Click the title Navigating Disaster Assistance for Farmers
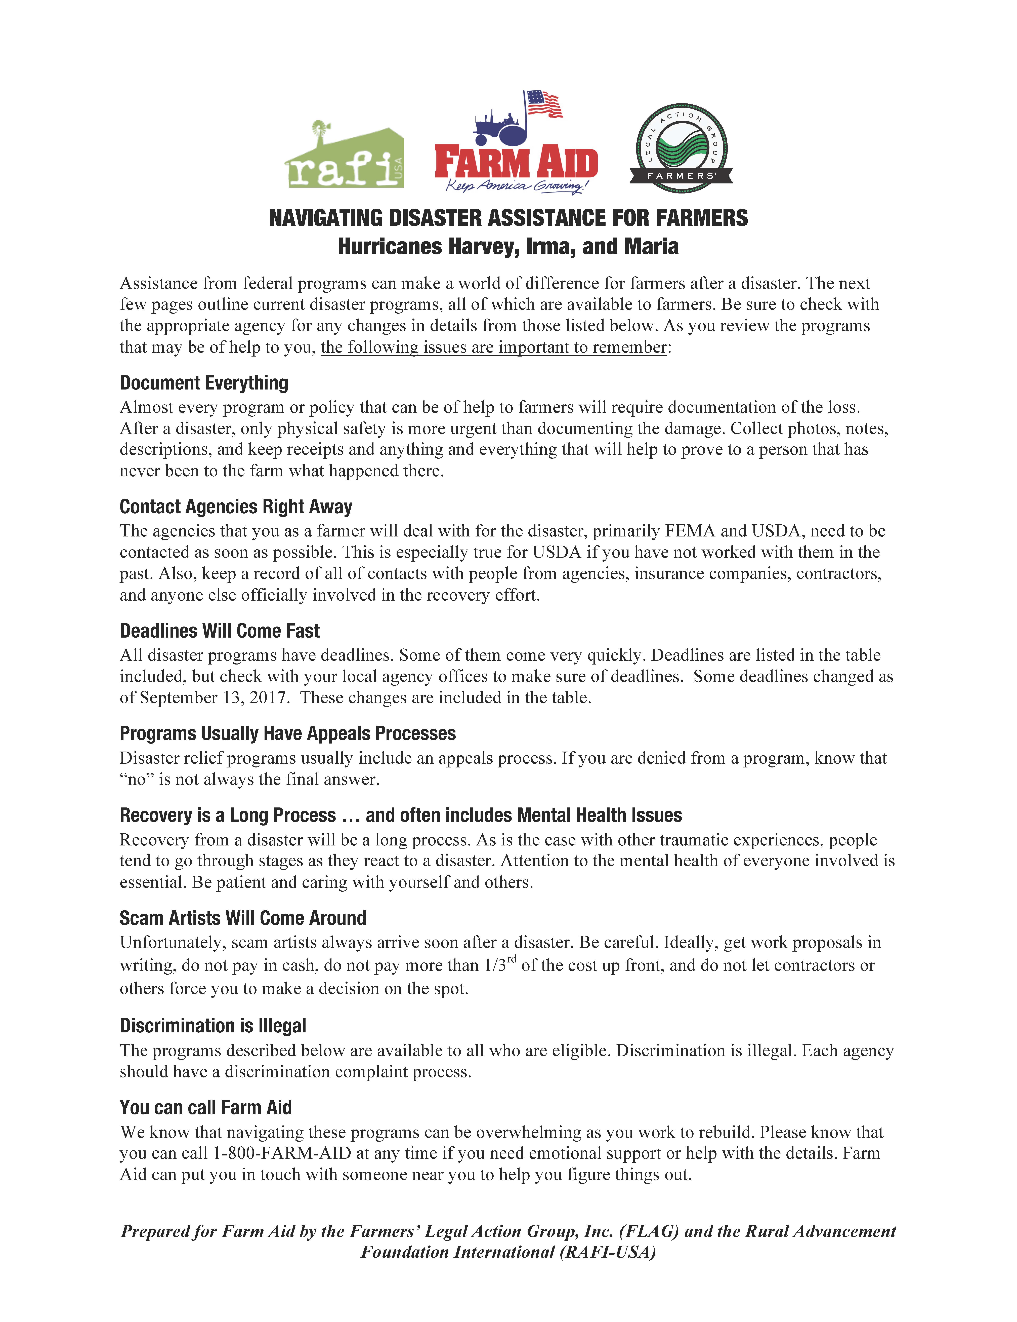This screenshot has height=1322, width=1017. pos(508,218)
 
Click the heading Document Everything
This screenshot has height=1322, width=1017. pos(204,383)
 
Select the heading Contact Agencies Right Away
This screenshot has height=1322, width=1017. pos(236,507)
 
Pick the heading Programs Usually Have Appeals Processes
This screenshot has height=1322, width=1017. pos(287,734)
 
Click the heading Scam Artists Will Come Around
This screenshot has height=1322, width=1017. pos(243,918)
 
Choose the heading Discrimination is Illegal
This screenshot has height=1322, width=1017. pos(213,1026)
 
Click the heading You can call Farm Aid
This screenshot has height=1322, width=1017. pos(206,1108)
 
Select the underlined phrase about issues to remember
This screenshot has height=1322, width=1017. pos(493,347)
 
